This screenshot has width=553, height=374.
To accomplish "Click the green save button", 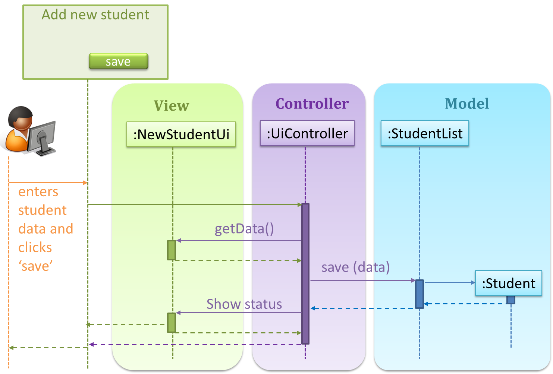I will [x=118, y=61].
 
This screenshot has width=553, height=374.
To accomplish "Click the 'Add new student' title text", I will [x=95, y=15].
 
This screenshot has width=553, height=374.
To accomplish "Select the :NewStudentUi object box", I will [x=181, y=134].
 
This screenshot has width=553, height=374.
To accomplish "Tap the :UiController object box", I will [x=307, y=133].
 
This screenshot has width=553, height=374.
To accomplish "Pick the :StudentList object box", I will [x=425, y=133].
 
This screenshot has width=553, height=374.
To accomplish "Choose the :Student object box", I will [x=508, y=283].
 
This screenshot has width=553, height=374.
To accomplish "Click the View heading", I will [x=171, y=106].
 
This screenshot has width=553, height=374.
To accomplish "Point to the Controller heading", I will [x=312, y=104].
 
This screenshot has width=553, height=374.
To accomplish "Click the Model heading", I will [x=467, y=104].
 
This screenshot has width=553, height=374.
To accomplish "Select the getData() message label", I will [x=244, y=229].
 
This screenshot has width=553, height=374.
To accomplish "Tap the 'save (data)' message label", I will [x=355, y=267].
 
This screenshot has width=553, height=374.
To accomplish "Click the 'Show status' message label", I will [x=244, y=304].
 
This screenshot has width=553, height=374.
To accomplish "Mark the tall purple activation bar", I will [x=305, y=274].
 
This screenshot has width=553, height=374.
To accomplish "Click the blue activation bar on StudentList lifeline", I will [x=420, y=294].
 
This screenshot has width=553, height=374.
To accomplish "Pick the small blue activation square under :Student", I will [x=510, y=300].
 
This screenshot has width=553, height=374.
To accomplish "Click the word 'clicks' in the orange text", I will [x=35, y=248].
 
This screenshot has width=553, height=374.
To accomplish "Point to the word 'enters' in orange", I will [x=38, y=192].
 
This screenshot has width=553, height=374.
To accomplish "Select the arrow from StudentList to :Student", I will [x=450, y=283].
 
